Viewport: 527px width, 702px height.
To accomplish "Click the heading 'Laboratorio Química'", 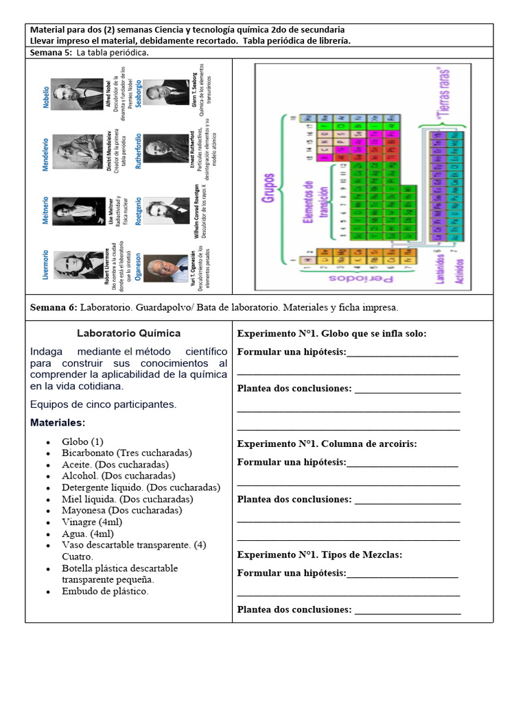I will (x=128, y=334).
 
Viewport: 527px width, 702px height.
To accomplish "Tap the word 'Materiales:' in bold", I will (x=58, y=423).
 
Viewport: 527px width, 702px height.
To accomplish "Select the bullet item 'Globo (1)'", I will (x=82, y=441).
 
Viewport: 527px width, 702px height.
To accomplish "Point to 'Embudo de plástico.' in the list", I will (x=104, y=591).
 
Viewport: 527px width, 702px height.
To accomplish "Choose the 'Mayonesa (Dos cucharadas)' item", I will (x=121, y=510).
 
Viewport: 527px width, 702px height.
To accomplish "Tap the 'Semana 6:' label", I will (x=54, y=308).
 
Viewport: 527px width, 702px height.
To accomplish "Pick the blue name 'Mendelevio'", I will (x=46, y=148).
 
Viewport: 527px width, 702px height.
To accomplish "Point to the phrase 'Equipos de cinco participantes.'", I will (x=103, y=404).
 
